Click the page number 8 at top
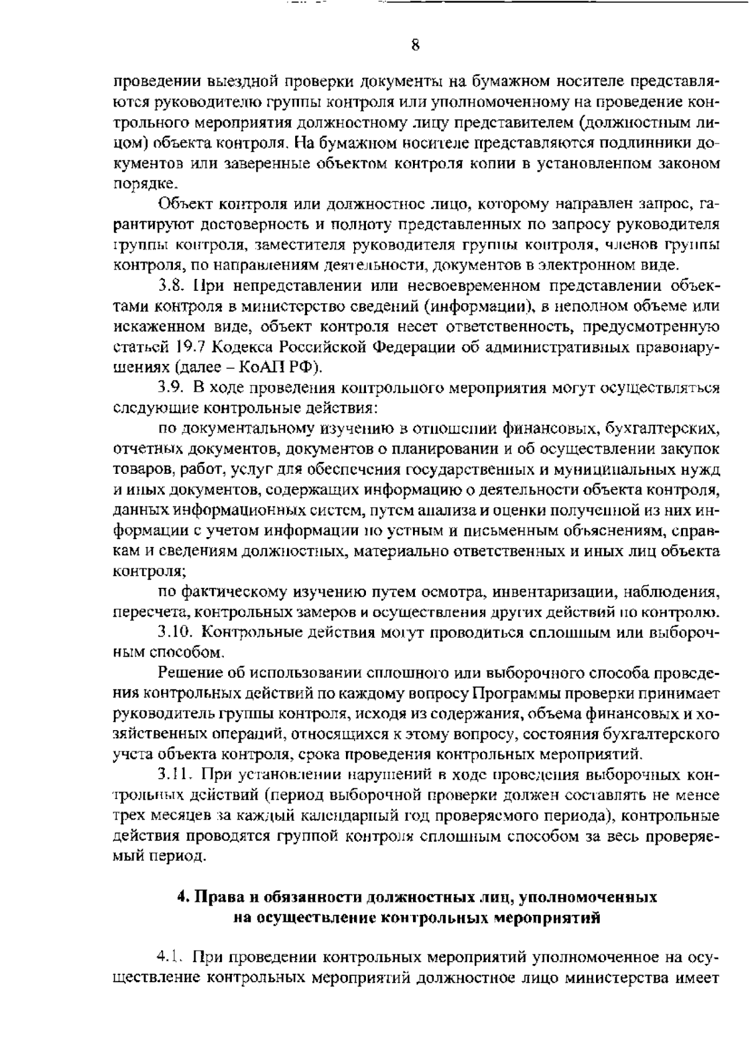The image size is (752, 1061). coord(415,44)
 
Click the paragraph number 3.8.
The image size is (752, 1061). coord(170,286)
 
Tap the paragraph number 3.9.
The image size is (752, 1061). coord(170,389)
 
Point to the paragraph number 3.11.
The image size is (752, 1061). coord(174,775)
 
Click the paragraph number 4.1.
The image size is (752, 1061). coord(169,958)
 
